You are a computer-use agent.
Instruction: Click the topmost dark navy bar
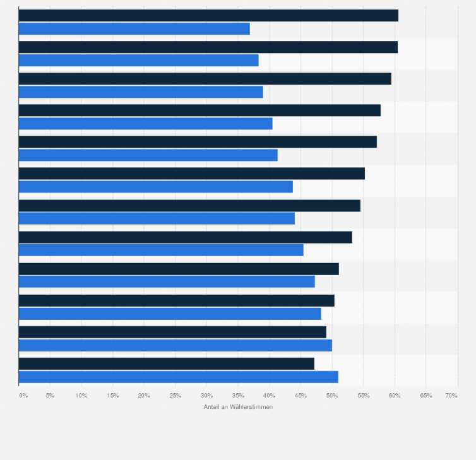click(208, 16)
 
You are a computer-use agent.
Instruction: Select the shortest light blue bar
click(134, 29)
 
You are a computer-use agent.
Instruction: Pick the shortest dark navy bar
click(167, 363)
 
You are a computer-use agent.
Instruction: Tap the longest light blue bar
click(179, 377)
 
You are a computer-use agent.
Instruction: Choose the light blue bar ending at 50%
click(176, 345)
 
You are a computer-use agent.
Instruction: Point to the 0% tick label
click(23, 396)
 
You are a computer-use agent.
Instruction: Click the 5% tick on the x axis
click(50, 396)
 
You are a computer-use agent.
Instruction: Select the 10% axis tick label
click(81, 396)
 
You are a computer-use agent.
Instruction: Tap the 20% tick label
click(144, 396)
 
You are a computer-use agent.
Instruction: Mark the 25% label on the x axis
click(176, 396)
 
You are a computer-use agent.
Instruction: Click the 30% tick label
click(206, 396)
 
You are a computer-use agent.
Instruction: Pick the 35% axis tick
click(238, 396)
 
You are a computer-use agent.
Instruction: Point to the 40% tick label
click(270, 396)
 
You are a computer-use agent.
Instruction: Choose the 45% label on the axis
click(300, 396)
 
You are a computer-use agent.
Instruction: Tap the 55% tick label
click(363, 396)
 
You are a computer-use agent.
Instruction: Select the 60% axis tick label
click(395, 396)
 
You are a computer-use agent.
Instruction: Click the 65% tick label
click(426, 396)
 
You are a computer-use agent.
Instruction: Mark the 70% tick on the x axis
click(451, 396)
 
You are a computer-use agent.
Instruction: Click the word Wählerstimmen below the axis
click(252, 407)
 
